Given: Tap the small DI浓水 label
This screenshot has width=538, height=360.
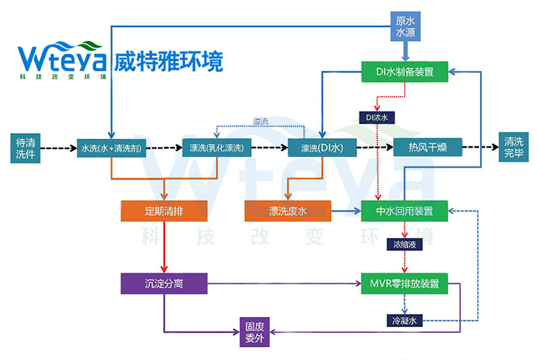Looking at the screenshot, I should (x=377, y=116).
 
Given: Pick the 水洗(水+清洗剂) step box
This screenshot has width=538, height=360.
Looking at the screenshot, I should (x=111, y=148).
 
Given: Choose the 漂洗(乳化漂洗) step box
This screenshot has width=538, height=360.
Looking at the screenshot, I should (x=217, y=148).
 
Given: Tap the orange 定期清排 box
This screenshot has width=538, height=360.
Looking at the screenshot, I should (x=165, y=211).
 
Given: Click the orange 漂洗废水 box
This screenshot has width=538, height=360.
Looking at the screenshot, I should (x=287, y=211).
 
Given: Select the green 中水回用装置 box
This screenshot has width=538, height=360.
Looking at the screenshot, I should (x=405, y=211).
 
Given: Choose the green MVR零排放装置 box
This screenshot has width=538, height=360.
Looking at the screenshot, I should (x=406, y=283).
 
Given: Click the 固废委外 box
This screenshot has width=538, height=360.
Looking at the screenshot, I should (x=256, y=329).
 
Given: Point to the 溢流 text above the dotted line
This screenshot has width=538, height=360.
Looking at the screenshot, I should (x=262, y=121).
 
